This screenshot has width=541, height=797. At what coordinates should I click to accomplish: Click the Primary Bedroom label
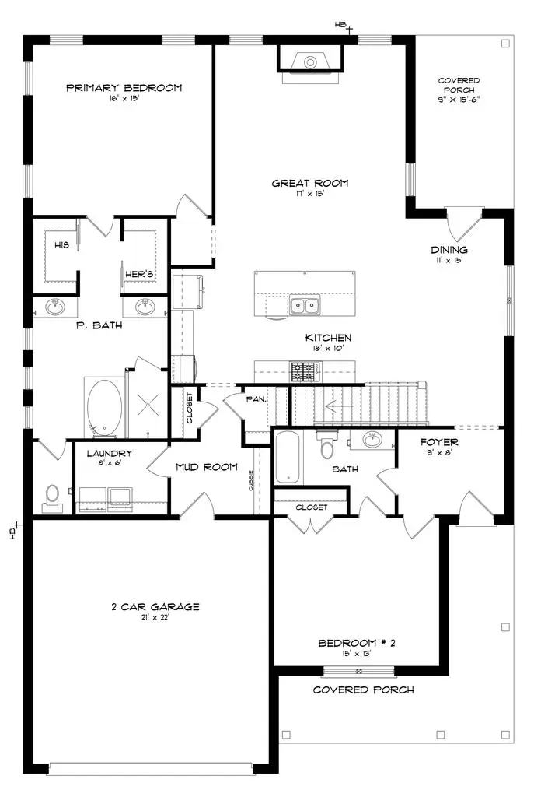click(x=124, y=88)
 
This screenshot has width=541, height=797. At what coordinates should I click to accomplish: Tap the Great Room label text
click(x=309, y=184)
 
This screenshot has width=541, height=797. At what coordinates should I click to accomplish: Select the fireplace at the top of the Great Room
click(x=309, y=60)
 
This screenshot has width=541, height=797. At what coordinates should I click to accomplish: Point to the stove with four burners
click(x=302, y=372)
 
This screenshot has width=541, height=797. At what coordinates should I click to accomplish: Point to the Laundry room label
click(x=110, y=454)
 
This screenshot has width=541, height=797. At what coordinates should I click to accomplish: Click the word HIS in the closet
click(x=62, y=244)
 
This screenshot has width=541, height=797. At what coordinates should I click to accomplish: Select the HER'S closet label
click(x=140, y=275)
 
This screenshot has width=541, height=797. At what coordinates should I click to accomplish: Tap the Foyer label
click(x=439, y=442)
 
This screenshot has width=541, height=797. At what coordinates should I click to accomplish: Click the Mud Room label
click(x=206, y=467)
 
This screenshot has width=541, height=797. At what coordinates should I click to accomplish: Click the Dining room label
click(x=449, y=250)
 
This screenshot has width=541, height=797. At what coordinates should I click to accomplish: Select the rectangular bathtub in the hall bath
click(x=287, y=458)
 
